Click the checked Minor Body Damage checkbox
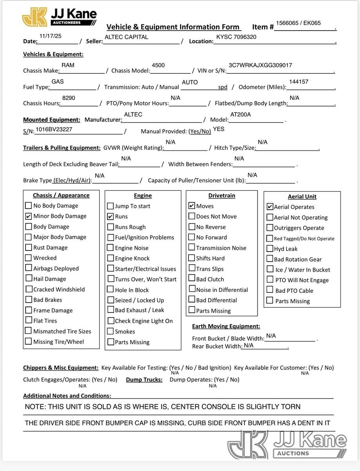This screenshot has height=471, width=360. pyautogui.click(x=28, y=216)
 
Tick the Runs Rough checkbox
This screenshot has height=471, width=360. pyautogui.click(x=111, y=227)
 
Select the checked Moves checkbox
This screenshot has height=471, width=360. pyautogui.click(x=192, y=206)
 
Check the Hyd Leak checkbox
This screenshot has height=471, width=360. pyautogui.click(x=270, y=249)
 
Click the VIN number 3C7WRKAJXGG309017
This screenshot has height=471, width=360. pyautogui.click(x=260, y=65)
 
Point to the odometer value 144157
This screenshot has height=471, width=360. pyautogui.click(x=298, y=82)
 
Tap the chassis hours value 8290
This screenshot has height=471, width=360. pyautogui.click(x=69, y=98)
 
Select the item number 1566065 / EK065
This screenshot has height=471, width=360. pyautogui.click(x=298, y=23)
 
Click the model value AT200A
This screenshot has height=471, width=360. pyautogui.click(x=240, y=114)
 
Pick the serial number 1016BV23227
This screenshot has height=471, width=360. pyautogui.click(x=54, y=129)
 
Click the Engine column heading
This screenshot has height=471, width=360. pyautogui.click(x=143, y=195)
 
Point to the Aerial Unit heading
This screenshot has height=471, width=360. pyautogui.click(x=302, y=197)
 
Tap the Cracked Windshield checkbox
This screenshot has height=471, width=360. pyautogui.click(x=29, y=289)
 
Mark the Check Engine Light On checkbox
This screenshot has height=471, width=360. pyautogui.click(x=111, y=321)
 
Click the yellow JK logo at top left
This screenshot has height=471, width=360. pyautogui.click(x=35, y=17)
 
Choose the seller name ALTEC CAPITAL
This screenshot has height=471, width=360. pyautogui.click(x=126, y=37)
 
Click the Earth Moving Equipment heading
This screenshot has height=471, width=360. pyautogui.click(x=226, y=326)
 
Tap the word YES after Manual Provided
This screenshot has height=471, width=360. pyautogui.click(x=218, y=129)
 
